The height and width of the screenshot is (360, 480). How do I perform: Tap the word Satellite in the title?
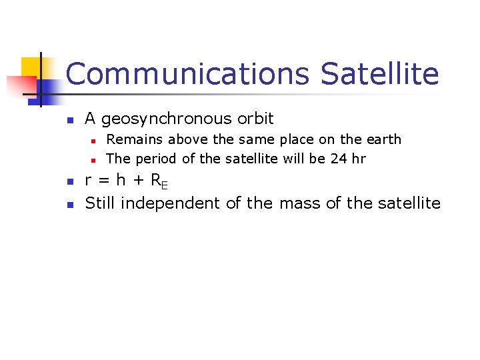click(380, 74)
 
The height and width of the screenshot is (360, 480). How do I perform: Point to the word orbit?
click(254, 119)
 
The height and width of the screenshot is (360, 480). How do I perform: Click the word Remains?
click(135, 139)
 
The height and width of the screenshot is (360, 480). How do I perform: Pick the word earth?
click(383, 139)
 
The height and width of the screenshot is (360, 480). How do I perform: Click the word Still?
click(100, 203)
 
